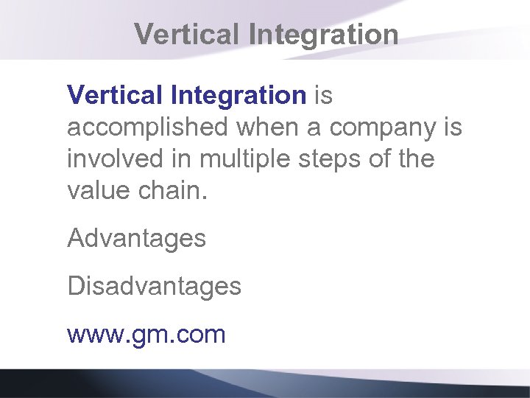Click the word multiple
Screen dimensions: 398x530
click(x=236, y=159)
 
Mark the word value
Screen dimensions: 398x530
click(x=95, y=191)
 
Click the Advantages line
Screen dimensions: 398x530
click(x=136, y=239)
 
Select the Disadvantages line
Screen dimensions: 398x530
click(x=154, y=286)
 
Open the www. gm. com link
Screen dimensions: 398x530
click(x=146, y=335)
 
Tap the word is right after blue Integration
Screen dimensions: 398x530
click(x=325, y=95)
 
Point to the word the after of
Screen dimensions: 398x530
click(x=418, y=159)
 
